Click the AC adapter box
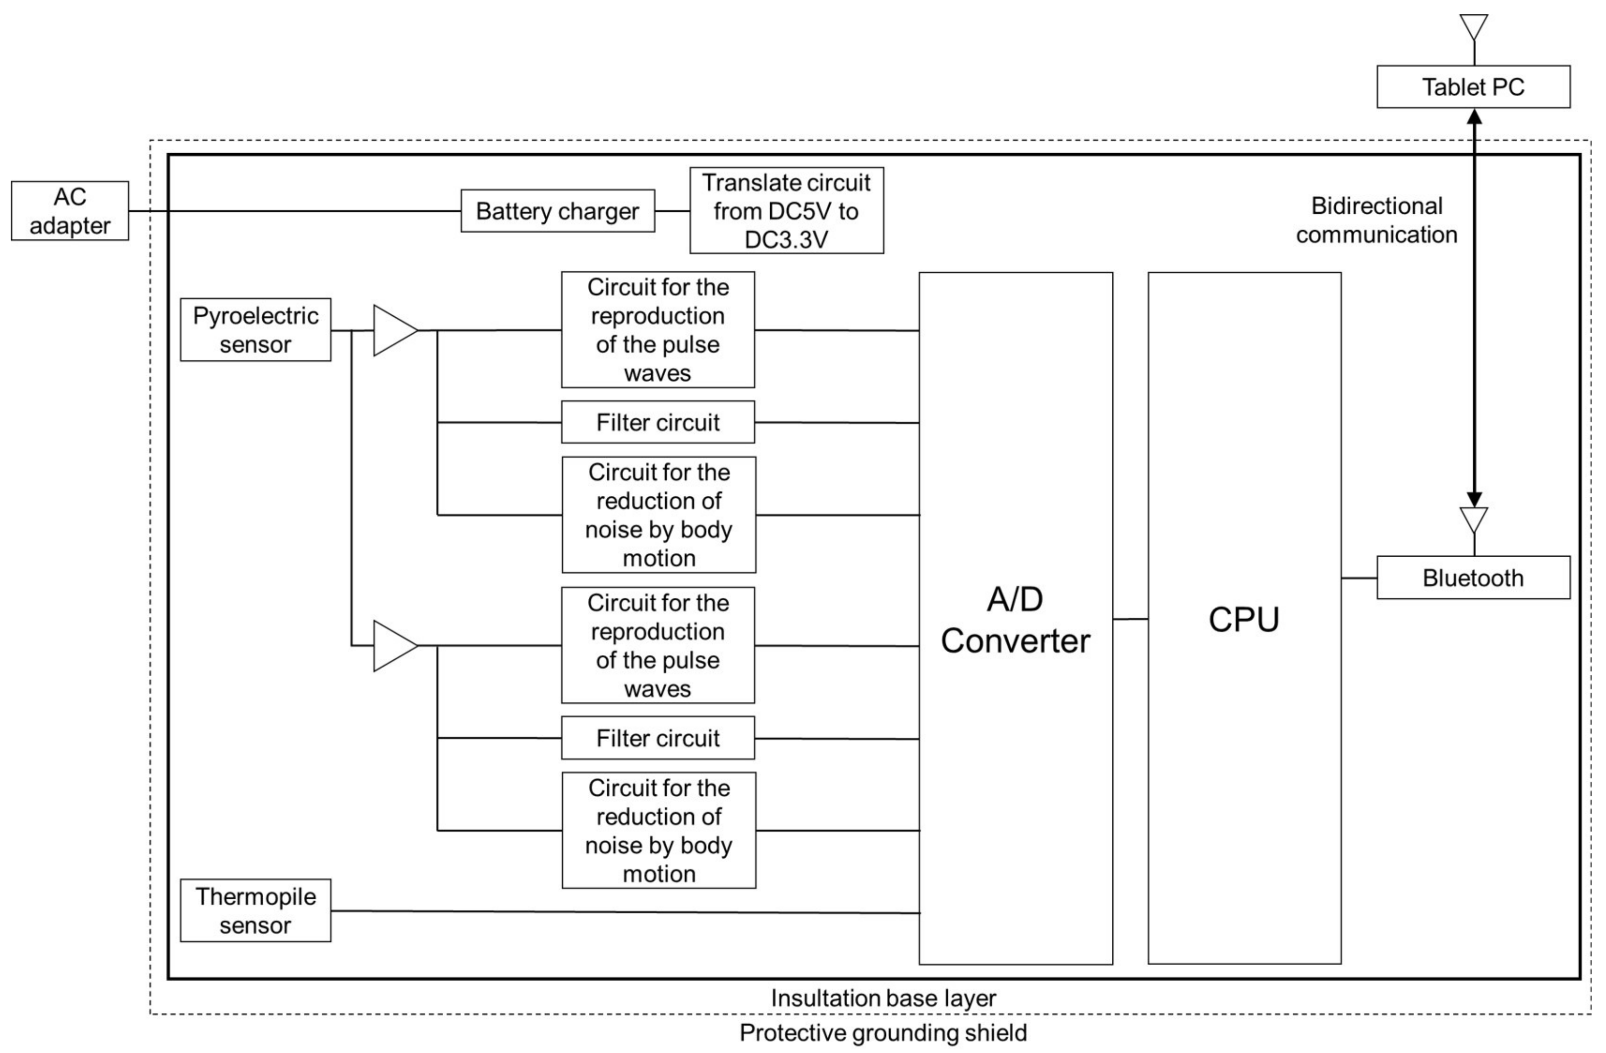[69, 211]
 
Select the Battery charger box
[557, 211]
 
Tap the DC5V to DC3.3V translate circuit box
[786, 211]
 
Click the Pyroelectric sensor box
[255, 329]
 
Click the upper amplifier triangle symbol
[394, 330]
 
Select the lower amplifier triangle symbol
[394, 646]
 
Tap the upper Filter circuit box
[658, 422]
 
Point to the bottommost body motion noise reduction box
[659, 830]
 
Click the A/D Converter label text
[1015, 620]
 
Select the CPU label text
[1244, 619]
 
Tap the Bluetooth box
[1473, 578]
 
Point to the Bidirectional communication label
[1377, 220]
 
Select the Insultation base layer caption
[883, 997]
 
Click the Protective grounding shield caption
[883, 1033]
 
